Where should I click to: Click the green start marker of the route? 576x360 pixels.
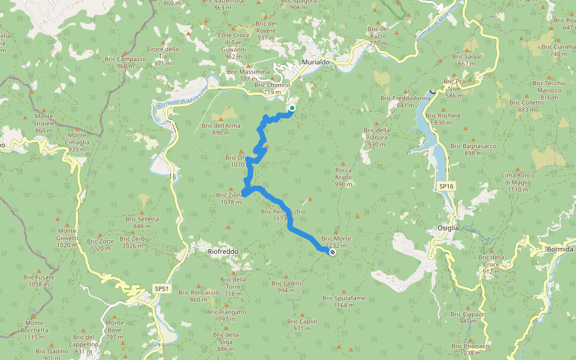(292, 108)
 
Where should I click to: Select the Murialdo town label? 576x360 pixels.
(316, 62)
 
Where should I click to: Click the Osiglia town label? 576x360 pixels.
(448, 227)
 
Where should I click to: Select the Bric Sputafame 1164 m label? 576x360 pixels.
(344, 301)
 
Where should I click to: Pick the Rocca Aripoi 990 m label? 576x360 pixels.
(343, 177)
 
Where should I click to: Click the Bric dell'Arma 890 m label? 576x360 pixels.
(221, 129)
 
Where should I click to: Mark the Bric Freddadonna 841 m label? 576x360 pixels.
(406, 101)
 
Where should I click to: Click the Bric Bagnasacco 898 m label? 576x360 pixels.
(475, 149)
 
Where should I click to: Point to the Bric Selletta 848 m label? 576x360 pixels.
(142, 223)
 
